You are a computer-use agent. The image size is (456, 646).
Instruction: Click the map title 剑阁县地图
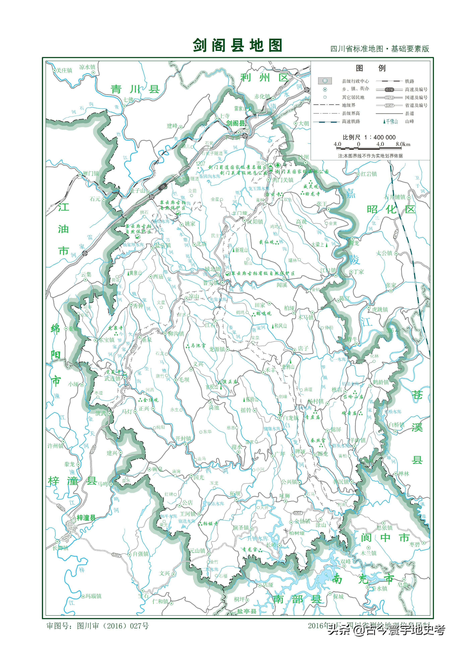(237, 45)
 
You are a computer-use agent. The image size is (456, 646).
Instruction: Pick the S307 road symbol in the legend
(389, 106)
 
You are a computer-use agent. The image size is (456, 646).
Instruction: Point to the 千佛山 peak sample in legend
(390, 121)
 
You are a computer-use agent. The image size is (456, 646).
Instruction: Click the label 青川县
(135, 89)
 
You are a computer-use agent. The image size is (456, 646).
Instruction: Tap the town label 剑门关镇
(283, 180)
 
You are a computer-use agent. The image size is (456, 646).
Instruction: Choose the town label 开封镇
(183, 438)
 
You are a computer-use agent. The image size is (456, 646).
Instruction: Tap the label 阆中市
(385, 538)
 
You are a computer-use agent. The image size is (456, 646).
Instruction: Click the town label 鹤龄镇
(381, 382)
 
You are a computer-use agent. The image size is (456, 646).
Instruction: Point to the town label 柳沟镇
(176, 333)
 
